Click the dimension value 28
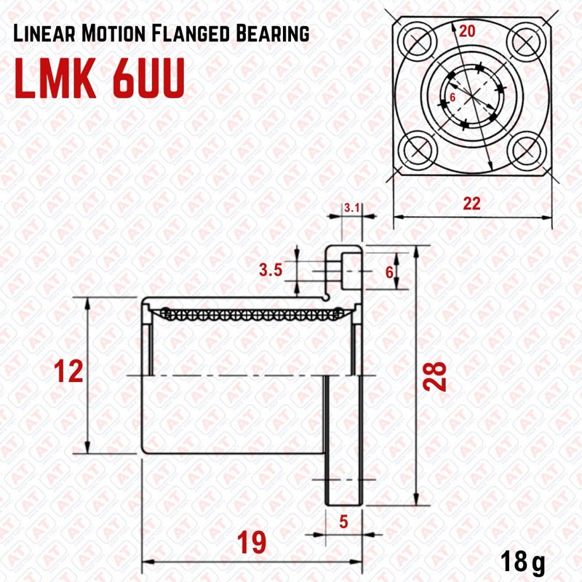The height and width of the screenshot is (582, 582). (x=437, y=376)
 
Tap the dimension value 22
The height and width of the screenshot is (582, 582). (x=472, y=204)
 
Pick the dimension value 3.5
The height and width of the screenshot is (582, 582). (x=271, y=271)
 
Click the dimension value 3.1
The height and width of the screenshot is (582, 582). (x=352, y=208)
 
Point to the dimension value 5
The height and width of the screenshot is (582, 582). (x=345, y=521)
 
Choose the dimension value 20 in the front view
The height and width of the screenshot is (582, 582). (x=468, y=31)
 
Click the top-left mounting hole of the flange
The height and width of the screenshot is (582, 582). (x=417, y=42)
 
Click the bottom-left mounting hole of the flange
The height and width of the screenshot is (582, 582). (x=417, y=150)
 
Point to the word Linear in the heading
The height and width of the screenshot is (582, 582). (x=45, y=33)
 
